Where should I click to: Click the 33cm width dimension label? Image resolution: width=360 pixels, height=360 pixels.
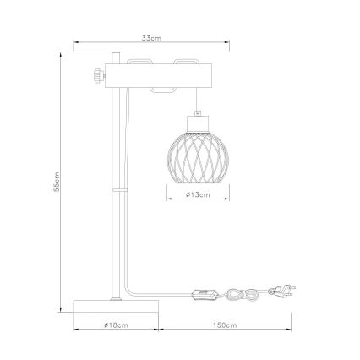point(151,38)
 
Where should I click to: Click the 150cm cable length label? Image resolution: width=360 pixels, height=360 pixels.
point(224,323)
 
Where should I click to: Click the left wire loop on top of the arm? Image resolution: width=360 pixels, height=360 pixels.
point(140,62)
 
